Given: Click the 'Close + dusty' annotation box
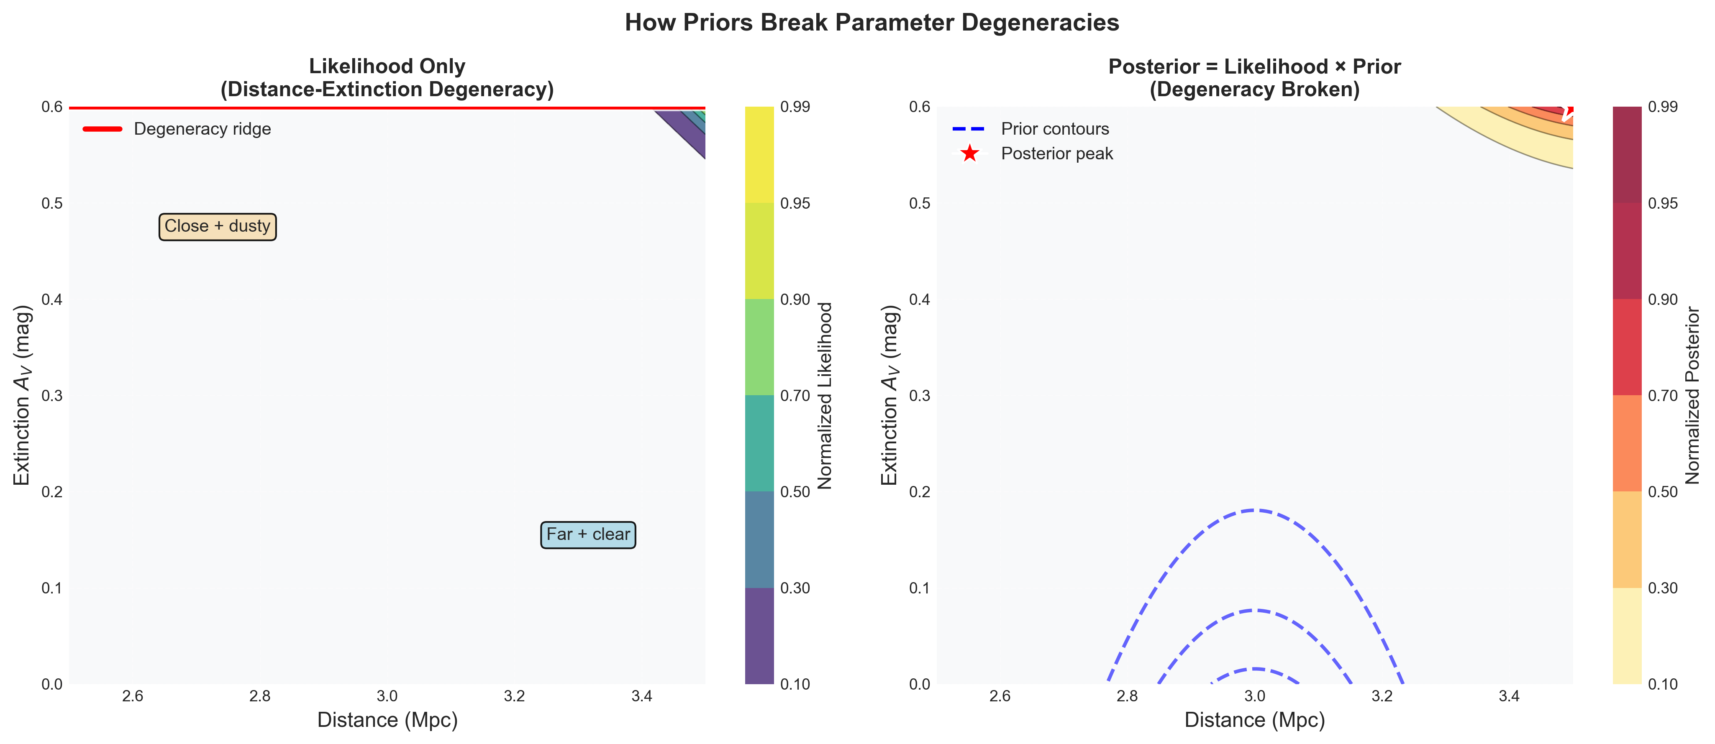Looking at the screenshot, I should point(217,226).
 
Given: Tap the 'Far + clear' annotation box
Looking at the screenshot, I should point(588,534).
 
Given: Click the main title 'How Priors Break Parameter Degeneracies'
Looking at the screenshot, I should point(872,23).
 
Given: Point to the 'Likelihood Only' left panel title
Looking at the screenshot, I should point(387,66).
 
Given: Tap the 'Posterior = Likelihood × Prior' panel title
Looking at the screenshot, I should point(1254,66).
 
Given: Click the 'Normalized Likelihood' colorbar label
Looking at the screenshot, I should point(825,396).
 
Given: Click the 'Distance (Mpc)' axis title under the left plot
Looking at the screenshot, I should point(387,720).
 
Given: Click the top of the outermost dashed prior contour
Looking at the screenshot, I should point(1254,510).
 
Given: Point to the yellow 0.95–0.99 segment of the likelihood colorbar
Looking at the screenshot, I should point(759,154).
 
